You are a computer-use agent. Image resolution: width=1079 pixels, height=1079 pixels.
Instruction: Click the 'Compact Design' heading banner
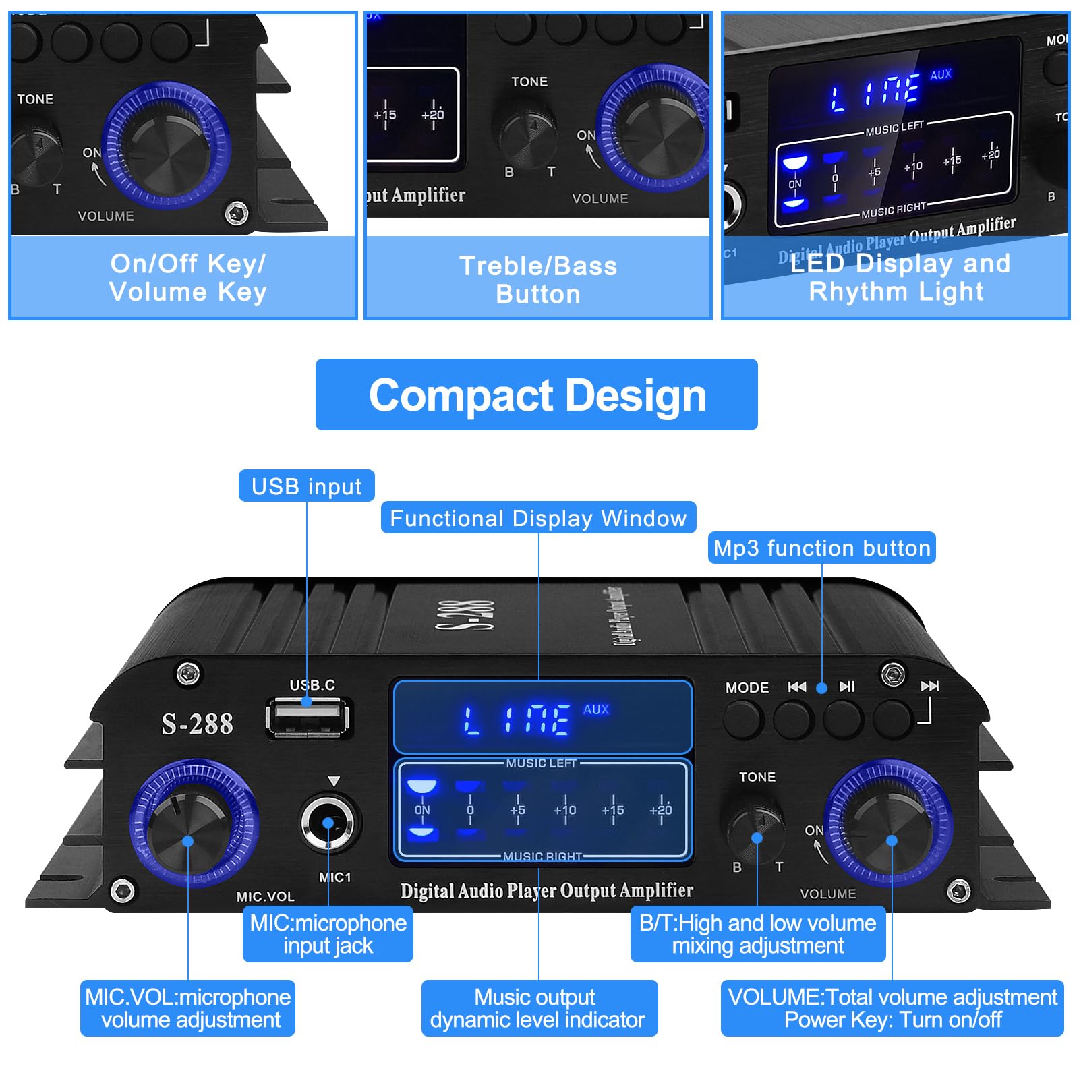pos(536,395)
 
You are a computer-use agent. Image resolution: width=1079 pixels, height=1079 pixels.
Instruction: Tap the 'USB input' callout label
pos(306,486)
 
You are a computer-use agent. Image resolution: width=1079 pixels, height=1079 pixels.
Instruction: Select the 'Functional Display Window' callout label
pos(538,518)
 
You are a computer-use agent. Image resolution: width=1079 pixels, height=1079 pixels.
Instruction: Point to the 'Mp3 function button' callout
pos(821,548)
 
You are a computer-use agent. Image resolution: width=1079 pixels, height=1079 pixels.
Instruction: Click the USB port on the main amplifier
pos(308,718)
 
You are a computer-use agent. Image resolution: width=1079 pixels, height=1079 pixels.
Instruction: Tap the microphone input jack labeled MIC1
pos(328,823)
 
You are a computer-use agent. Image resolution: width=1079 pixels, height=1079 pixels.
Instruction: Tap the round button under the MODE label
pos(742,718)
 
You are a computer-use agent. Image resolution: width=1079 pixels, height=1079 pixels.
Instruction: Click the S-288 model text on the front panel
pos(197,724)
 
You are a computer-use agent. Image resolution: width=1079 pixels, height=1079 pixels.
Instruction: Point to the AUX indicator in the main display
pos(596,709)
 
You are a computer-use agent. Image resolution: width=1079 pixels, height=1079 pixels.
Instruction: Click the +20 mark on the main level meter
pos(660,810)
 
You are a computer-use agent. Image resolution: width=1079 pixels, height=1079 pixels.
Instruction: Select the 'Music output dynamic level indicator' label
pos(538,1008)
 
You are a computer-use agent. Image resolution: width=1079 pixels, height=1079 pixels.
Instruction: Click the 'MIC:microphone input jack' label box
pos(328,934)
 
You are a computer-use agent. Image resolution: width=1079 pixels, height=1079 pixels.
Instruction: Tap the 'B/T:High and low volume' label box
pos(757,934)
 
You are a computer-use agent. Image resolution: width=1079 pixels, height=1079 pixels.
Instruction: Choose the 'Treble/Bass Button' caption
pos(538,280)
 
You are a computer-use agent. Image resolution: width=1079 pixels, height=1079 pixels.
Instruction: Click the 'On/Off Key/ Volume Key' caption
pos(188,277)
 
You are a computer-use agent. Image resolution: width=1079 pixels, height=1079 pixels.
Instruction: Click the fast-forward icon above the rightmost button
pos(929,687)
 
